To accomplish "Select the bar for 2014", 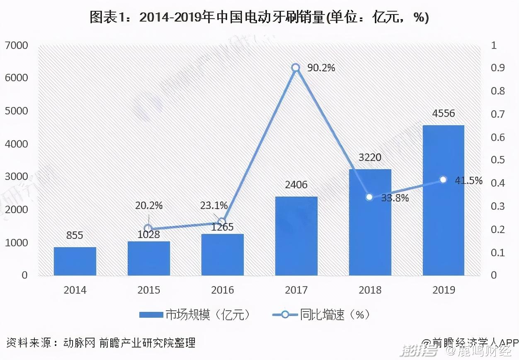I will tap(75, 261).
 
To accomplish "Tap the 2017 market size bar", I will tap(296, 236).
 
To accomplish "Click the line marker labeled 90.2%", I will tap(296, 68).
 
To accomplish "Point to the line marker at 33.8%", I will tap(369, 197).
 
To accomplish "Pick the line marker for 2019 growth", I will tap(443, 180).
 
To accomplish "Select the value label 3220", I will tap(369, 158).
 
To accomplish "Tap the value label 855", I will tap(75, 236).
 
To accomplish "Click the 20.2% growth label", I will tap(149, 205).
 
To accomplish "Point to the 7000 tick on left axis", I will tap(16, 45).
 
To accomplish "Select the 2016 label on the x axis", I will tap(223, 290).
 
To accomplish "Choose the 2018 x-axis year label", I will tap(369, 290).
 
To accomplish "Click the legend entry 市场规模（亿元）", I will tap(195, 315).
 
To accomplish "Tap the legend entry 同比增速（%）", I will tap(321, 315).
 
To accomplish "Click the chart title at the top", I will tap(259, 17).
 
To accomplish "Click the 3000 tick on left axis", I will tap(16, 177).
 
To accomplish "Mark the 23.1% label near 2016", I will tap(214, 205).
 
